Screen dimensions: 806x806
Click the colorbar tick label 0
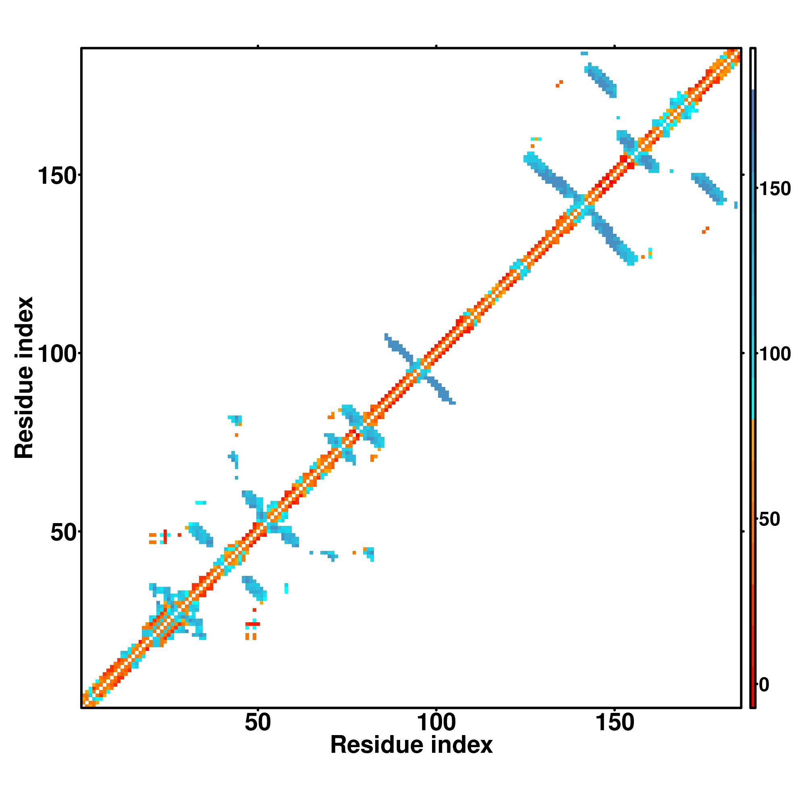(764, 685)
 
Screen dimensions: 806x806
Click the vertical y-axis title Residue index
(24, 378)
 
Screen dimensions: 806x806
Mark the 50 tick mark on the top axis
(258, 46)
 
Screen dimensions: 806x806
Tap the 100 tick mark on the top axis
(436, 46)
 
